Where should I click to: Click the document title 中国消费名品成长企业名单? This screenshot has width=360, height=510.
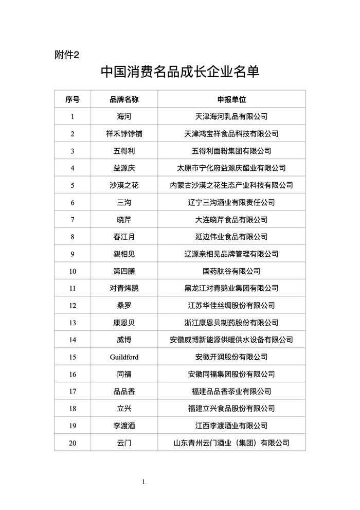179,72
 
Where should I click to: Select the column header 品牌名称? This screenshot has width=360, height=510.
124,99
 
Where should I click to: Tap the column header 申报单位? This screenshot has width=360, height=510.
231,99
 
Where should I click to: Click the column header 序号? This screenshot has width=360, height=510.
73,99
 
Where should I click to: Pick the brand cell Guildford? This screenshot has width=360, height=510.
124,357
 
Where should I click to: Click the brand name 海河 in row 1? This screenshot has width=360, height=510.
124,116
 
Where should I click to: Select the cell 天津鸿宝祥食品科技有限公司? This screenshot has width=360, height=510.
231,134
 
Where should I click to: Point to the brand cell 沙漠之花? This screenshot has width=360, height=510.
124,185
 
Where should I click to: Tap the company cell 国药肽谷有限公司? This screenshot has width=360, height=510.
231,271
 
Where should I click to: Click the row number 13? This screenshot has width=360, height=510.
73,323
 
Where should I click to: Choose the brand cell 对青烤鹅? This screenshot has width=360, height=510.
124,288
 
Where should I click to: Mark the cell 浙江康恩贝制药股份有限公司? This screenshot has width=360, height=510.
231,323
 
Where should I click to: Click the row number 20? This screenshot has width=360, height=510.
73,443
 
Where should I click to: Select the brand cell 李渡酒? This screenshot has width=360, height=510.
124,426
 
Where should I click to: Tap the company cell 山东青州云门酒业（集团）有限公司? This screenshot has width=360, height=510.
231,443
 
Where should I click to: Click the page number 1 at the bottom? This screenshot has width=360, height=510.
143,482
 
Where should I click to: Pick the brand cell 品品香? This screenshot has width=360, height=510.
124,391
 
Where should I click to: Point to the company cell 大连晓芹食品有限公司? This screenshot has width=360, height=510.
231,220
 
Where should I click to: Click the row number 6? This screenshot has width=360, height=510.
73,202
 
